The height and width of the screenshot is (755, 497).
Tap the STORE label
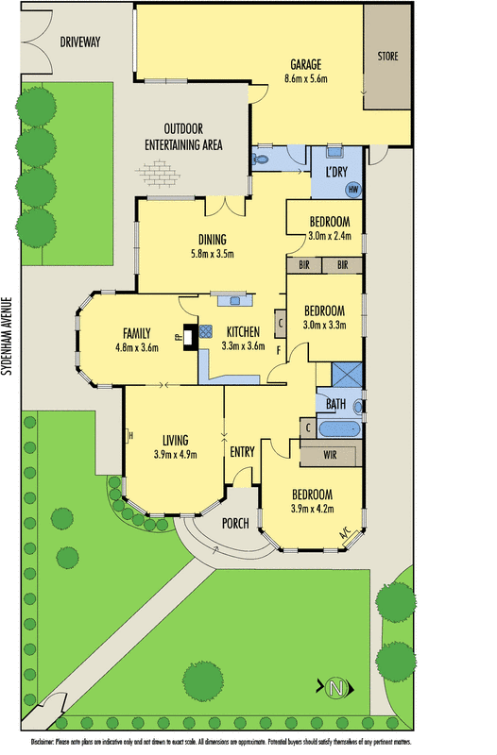tap(388, 57)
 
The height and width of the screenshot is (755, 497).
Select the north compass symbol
tap(334, 689)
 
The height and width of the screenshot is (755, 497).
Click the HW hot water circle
tap(352, 190)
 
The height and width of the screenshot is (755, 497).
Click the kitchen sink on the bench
tap(231, 300)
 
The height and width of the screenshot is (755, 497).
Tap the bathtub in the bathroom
tap(339, 428)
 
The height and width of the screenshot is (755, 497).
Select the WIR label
tap(330, 455)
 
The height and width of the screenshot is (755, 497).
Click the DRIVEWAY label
tap(79, 42)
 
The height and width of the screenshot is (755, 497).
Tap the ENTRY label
tap(243, 452)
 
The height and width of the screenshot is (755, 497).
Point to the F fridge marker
tap(278, 351)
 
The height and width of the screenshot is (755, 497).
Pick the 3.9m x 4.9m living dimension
tap(176, 454)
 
